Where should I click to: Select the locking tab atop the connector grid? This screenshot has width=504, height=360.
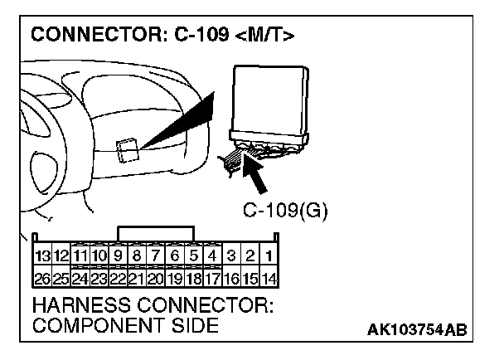156,231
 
